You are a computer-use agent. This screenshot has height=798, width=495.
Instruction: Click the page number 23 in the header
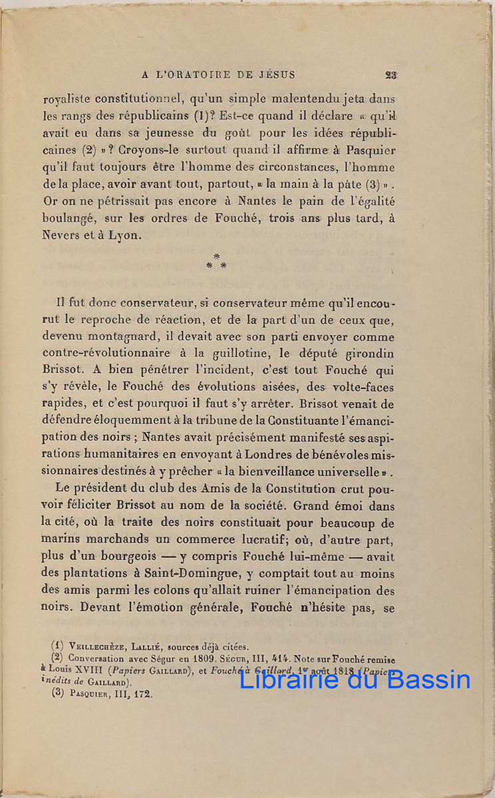[x=390, y=75]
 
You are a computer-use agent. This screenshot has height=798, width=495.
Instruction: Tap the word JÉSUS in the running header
[x=275, y=75]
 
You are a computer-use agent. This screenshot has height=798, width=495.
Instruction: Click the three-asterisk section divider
[x=217, y=261]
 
